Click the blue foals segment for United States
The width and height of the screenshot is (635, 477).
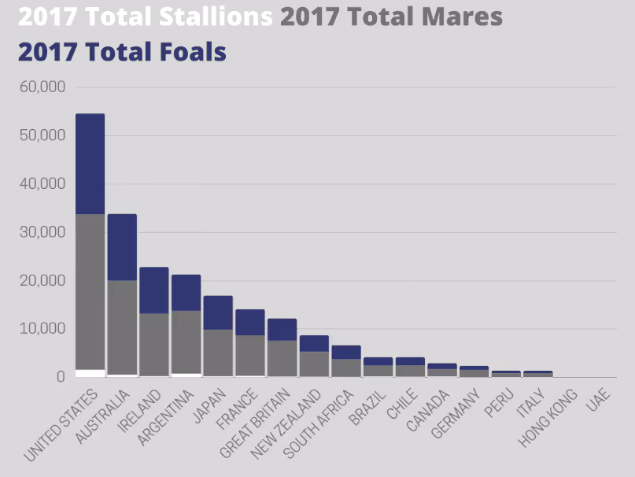tap(90, 164)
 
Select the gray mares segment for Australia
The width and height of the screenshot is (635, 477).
tap(122, 327)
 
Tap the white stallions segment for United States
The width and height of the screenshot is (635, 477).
tap(90, 373)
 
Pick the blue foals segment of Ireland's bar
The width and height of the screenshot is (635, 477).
tap(154, 290)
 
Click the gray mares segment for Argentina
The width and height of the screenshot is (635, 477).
tap(186, 342)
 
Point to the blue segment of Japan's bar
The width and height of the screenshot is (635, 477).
tap(218, 312)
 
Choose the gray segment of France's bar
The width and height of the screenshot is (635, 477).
tap(250, 356)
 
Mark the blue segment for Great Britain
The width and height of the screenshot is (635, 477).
tap(282, 330)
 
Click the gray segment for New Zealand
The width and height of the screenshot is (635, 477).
tap(314, 364)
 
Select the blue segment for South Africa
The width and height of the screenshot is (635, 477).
tap(346, 352)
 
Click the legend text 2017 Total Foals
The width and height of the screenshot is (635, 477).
tap(122, 52)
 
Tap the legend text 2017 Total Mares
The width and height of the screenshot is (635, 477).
tap(391, 17)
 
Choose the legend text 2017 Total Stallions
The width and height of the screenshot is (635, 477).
tap(146, 17)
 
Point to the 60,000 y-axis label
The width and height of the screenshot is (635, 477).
tap(42, 87)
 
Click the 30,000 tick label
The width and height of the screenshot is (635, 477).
tap(42, 232)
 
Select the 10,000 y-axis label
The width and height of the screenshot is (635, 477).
tap(42, 329)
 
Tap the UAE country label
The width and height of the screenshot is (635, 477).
tap(598, 399)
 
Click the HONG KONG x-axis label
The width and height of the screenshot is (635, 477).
tap(548, 418)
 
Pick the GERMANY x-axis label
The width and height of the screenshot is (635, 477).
tap(456, 413)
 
